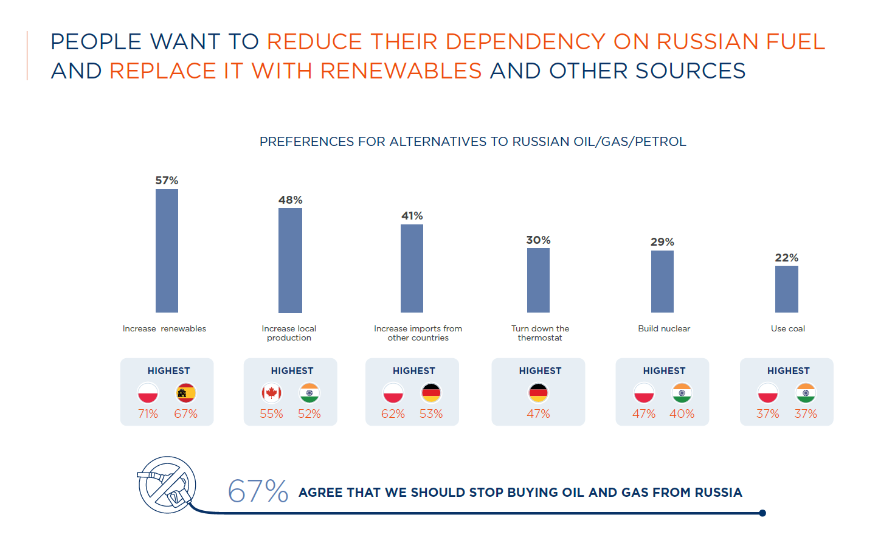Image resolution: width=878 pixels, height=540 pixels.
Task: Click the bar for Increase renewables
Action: [167, 251]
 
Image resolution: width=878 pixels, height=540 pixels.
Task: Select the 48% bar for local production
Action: [290, 260]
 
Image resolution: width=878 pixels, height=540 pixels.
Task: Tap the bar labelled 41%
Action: [412, 268]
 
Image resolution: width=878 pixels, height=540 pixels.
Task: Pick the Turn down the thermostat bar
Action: [538, 280]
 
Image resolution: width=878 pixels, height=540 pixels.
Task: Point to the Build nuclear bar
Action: [662, 282]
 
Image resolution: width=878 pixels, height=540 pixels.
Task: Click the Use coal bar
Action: [786, 289]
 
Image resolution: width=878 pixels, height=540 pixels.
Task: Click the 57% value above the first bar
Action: [167, 181]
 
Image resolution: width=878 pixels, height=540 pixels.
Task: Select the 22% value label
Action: [786, 258]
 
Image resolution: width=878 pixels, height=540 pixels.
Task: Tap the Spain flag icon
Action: [186, 393]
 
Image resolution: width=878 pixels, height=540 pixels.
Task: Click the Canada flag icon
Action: [271, 393]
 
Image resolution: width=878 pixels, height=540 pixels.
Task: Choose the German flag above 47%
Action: [538, 393]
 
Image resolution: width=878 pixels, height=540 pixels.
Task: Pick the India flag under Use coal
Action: [806, 393]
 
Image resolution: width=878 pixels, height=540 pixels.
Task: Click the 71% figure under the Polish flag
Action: [148, 414]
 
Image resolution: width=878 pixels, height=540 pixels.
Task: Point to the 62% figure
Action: [393, 414]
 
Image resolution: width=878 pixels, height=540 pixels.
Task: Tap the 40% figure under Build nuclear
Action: [682, 414]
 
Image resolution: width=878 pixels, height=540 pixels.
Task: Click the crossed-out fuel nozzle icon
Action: [167, 485]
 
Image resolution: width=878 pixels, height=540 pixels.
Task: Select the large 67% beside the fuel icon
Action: [258, 491]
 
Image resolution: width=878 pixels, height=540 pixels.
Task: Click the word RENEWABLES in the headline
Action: [401, 71]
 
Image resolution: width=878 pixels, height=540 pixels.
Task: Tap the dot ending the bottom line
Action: [762, 513]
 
